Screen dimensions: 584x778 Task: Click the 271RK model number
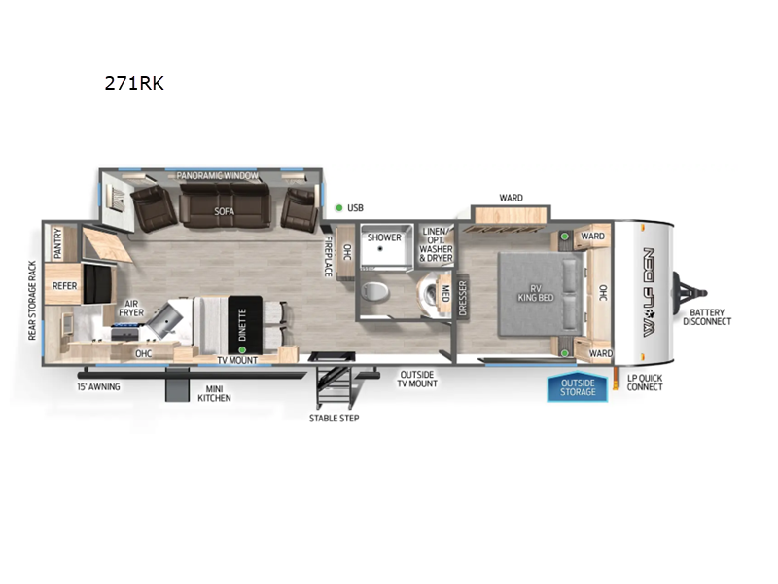[x=134, y=84]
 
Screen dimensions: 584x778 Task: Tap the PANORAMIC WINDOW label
[x=218, y=176]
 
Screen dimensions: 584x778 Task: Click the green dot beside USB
[x=338, y=207]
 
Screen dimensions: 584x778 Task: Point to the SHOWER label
[x=384, y=237]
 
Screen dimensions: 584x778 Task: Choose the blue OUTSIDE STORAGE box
[x=578, y=388]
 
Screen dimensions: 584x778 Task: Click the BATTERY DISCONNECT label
[x=707, y=316]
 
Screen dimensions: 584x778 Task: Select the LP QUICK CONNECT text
[x=645, y=382]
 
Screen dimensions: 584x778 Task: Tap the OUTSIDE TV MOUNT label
[x=418, y=379]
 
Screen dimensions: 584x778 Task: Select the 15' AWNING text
[x=99, y=385]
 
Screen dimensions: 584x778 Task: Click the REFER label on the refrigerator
[x=65, y=286]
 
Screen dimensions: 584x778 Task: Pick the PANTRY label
[x=59, y=241]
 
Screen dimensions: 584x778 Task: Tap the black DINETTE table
[x=242, y=325]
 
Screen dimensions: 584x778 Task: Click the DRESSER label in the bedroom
[x=463, y=297]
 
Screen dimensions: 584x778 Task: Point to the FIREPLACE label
[x=328, y=256]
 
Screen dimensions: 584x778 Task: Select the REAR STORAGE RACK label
[x=33, y=300]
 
